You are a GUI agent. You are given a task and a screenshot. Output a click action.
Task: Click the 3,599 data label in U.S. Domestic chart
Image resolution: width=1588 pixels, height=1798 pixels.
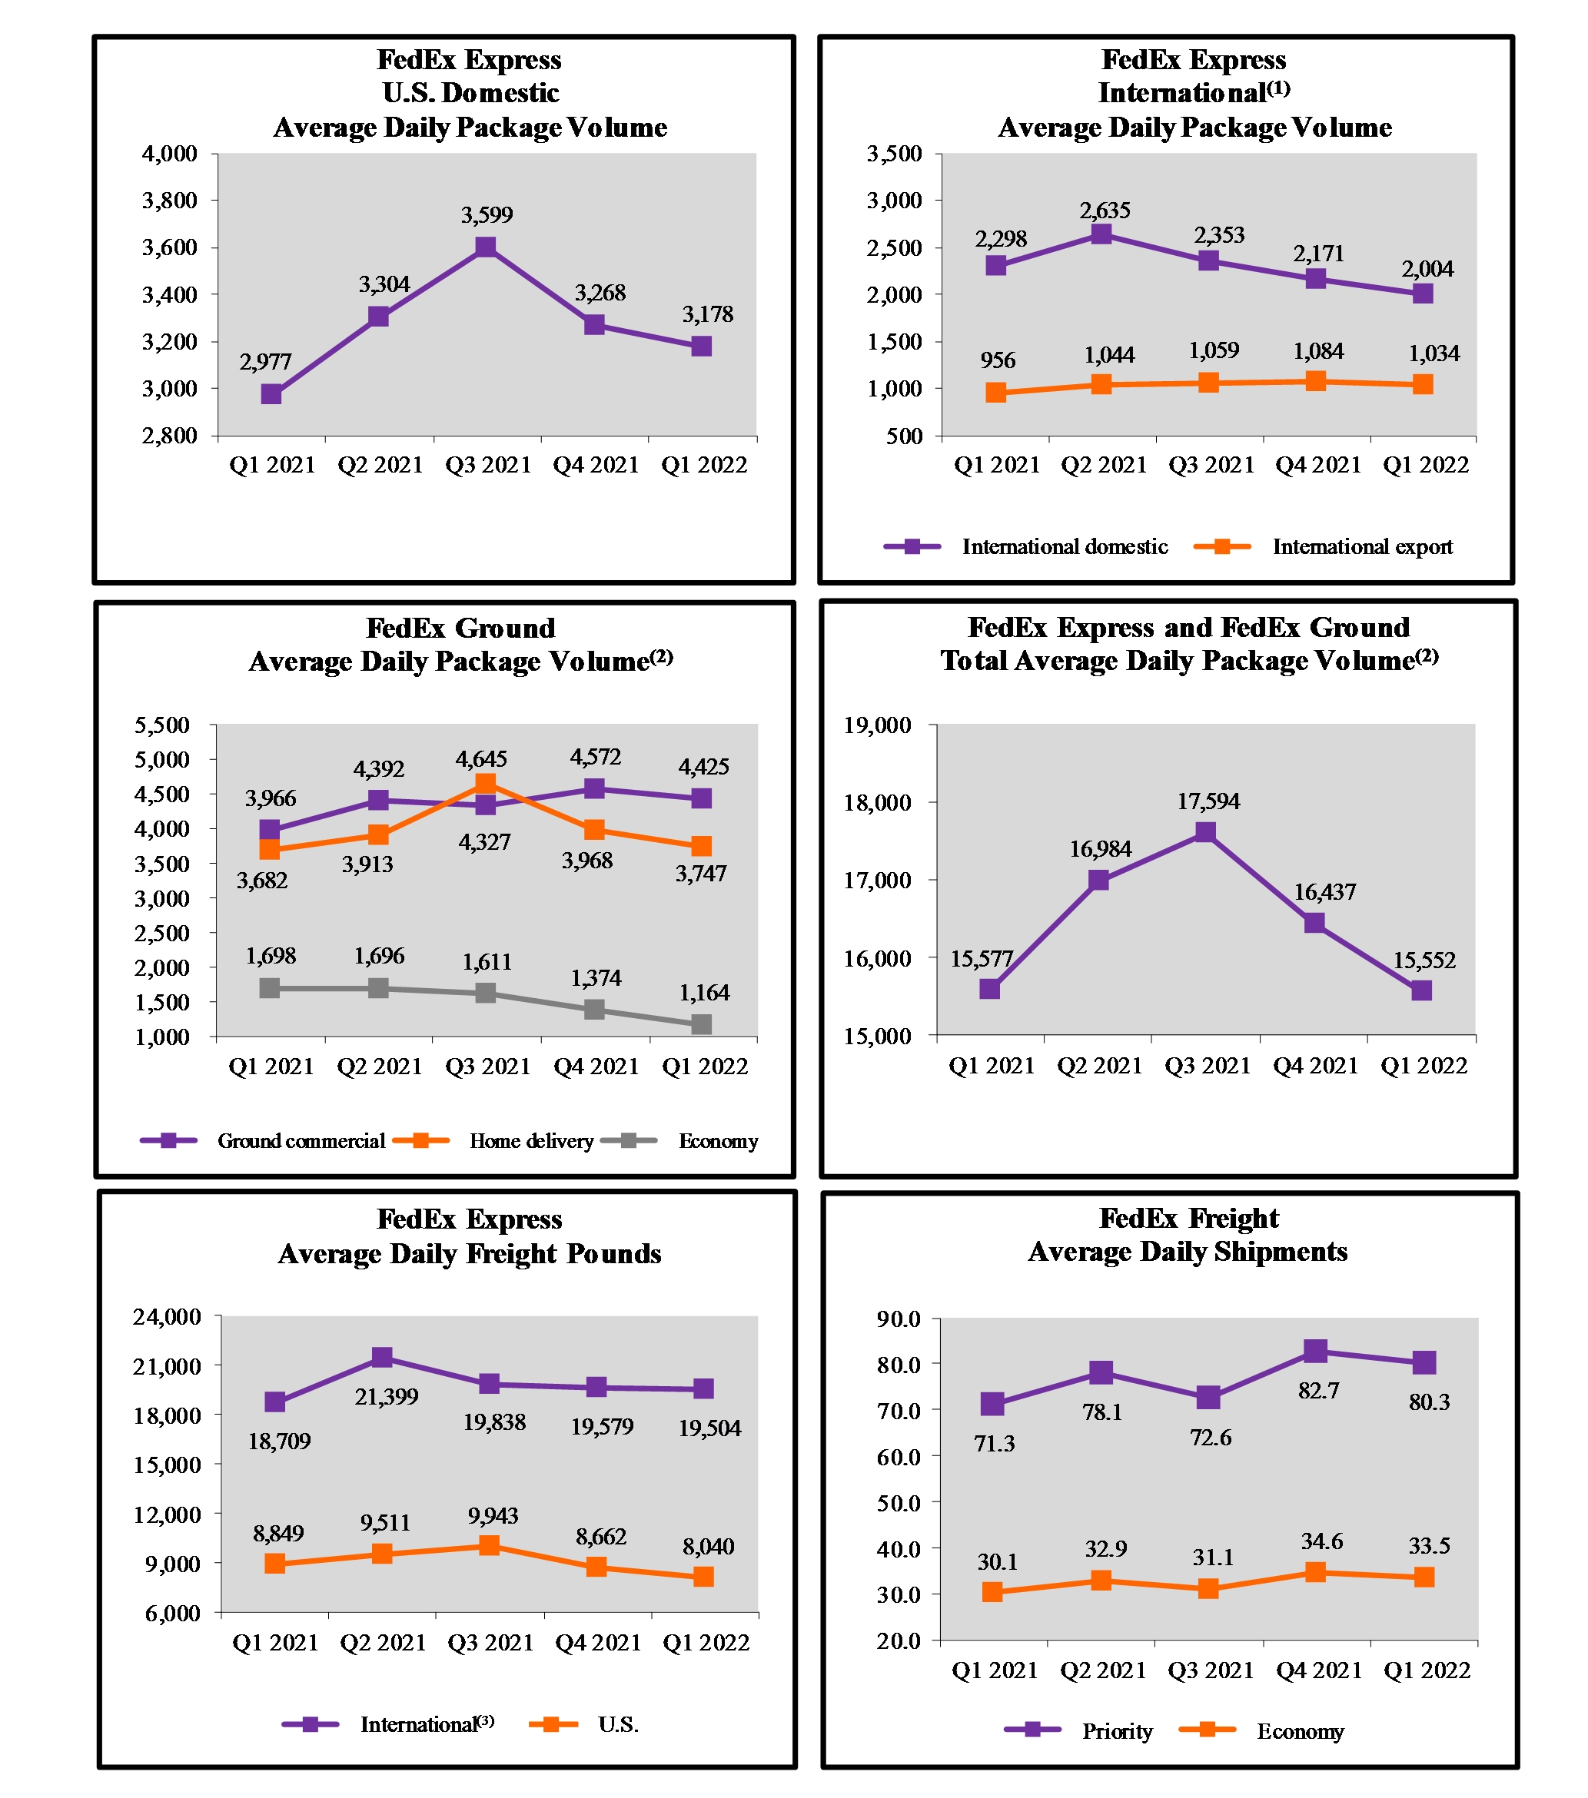click(487, 214)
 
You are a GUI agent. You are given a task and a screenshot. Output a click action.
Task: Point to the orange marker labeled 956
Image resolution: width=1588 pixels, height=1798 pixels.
click(995, 393)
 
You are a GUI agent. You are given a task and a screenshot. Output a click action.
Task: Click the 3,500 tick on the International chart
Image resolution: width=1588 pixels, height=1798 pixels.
click(894, 154)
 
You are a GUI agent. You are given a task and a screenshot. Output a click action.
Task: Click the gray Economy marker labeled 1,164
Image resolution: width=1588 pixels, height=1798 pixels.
click(701, 1024)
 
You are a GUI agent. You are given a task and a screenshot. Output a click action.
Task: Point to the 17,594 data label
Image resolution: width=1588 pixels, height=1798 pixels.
click(1208, 801)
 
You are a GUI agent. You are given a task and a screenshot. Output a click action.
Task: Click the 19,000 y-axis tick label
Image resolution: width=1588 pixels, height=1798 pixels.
click(877, 725)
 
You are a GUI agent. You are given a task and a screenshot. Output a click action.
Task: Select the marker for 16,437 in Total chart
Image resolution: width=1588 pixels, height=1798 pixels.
click(1314, 922)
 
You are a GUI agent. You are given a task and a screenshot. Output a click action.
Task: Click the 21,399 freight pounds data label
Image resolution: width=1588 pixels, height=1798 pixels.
click(386, 1396)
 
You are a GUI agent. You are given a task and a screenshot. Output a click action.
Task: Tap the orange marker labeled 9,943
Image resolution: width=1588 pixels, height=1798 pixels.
click(489, 1545)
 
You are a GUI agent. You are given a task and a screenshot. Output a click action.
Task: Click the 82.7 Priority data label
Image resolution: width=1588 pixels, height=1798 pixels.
click(1318, 1391)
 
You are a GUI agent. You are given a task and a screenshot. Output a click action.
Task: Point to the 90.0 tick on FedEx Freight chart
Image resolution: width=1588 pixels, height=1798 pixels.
click(899, 1319)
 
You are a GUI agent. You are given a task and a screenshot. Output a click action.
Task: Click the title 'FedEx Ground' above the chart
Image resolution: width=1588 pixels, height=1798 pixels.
click(460, 628)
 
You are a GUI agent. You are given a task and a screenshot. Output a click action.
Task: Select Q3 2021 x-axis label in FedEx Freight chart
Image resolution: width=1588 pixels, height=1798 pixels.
click(1211, 1670)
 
